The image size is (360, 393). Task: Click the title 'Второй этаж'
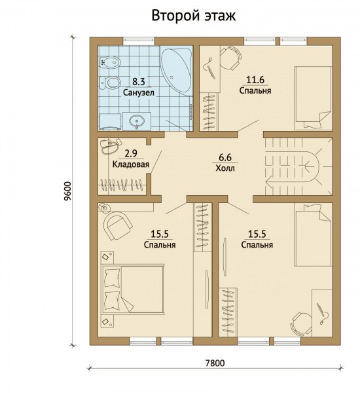[193, 16]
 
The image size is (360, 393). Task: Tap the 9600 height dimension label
[68, 191]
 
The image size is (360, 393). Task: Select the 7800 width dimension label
[215, 363]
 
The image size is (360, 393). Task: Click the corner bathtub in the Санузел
[176, 71]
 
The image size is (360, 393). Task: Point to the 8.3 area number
[139, 81]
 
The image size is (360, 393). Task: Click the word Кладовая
[131, 164]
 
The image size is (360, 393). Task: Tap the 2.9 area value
[131, 153]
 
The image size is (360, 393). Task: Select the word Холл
[225, 168]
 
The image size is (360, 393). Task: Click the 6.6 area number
[225, 157]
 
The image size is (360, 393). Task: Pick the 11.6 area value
[255, 80]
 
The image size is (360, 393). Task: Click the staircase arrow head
[269, 181]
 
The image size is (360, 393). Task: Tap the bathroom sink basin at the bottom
[137, 121]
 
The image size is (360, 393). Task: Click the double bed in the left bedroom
[133, 289]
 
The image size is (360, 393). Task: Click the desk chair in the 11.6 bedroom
[230, 58]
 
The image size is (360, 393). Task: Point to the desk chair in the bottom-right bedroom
[301, 324]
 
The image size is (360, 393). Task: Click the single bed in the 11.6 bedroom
[313, 98]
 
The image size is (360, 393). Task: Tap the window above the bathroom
[139, 41]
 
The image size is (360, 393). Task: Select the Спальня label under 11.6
[255, 90]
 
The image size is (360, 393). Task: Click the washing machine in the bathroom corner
[110, 122]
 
